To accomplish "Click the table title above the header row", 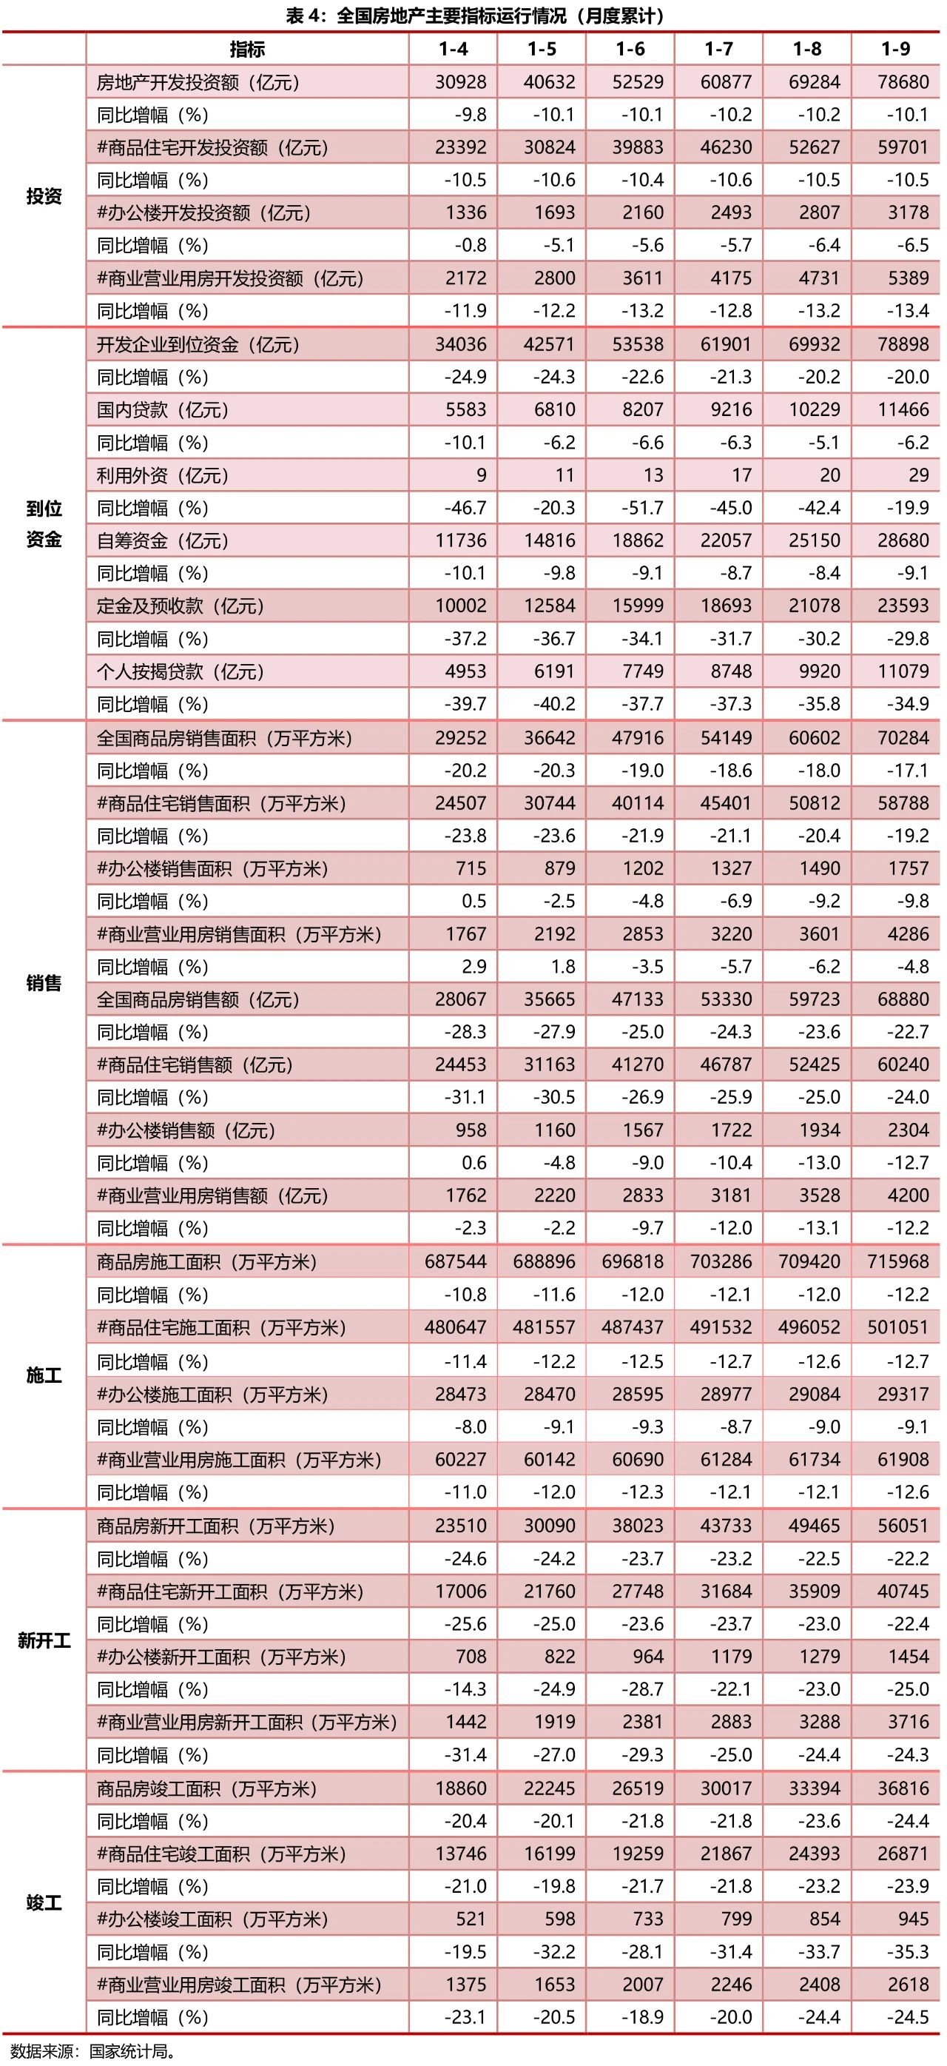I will [473, 16].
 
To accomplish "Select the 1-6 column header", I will [630, 49].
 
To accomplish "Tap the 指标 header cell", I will [247, 49].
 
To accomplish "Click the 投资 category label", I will [44, 196].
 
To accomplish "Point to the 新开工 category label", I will [44, 1641].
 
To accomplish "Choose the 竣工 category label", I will [44, 1902].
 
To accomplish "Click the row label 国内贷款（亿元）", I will [163, 410].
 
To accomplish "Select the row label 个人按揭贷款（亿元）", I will [181, 671].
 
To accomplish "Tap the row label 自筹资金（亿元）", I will [163, 540].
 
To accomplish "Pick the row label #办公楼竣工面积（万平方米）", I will [212, 1919].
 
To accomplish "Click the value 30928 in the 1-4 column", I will [460, 82].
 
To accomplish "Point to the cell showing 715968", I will [897, 1261].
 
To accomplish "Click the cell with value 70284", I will [903, 738].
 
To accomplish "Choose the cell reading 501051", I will [897, 1327].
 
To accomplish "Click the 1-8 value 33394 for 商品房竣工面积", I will [814, 1788].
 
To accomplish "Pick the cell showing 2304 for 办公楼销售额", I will [908, 1130].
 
